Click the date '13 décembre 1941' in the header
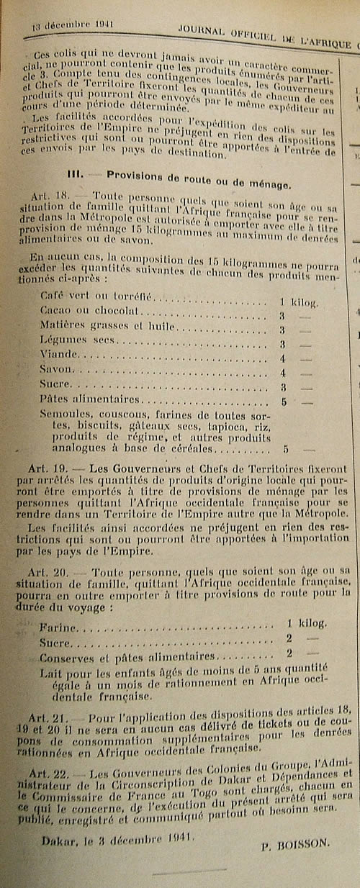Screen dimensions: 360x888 tap(64, 25)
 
